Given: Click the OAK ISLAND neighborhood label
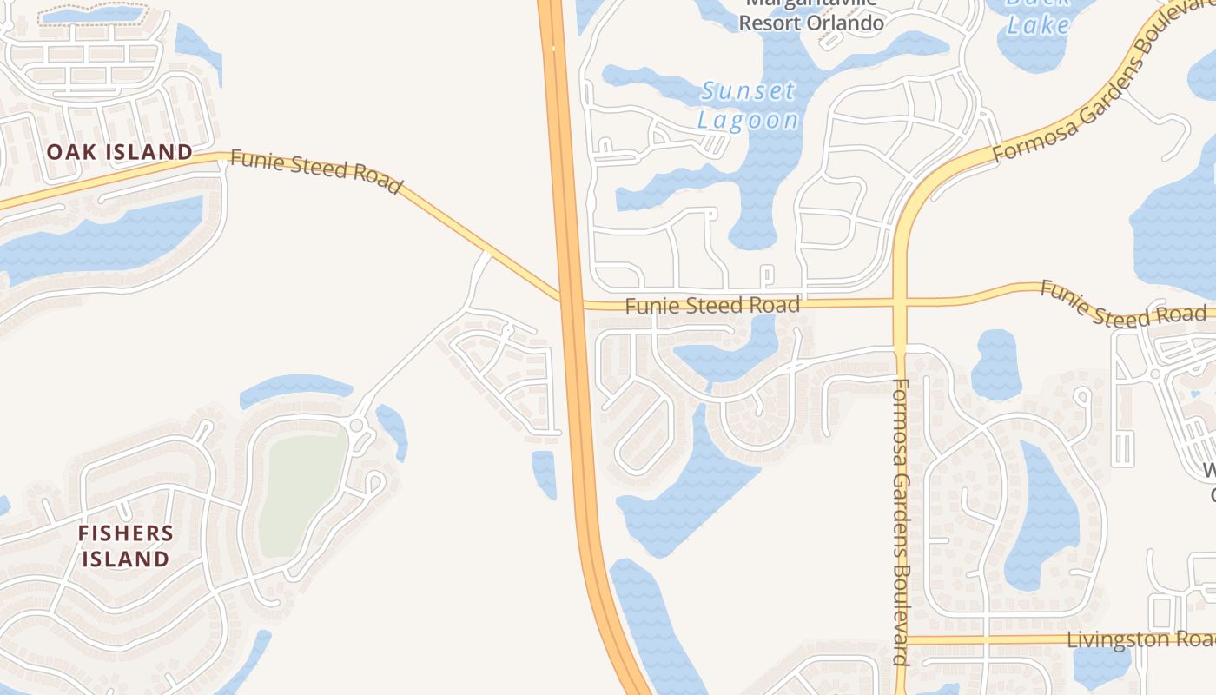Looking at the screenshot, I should (x=119, y=152).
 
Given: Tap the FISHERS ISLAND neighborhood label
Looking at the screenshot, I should (x=126, y=546).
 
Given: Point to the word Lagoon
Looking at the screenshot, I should (x=748, y=121).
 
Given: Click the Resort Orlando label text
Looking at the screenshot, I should (x=811, y=23).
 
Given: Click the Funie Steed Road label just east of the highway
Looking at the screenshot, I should (x=712, y=305).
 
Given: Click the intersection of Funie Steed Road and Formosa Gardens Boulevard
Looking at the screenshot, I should (x=900, y=302).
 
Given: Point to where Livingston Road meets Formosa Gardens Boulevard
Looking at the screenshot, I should (x=900, y=640).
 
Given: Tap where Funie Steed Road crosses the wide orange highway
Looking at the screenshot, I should (x=572, y=301).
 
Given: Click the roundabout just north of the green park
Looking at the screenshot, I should (x=357, y=425).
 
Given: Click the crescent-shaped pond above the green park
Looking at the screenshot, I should (x=295, y=388).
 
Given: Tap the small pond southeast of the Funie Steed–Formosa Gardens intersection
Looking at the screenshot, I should (x=995, y=365).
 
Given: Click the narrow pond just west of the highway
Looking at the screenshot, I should (x=544, y=473).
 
